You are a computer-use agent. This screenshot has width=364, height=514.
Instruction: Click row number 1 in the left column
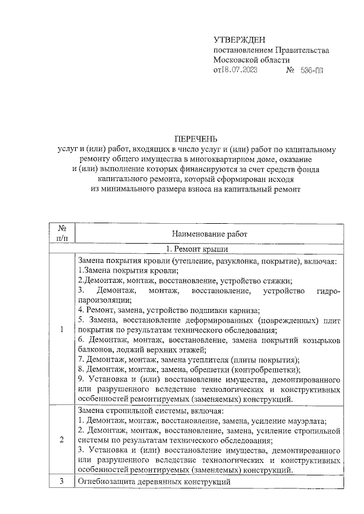click(61, 331)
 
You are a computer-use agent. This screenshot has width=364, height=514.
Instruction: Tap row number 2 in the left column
click(61, 440)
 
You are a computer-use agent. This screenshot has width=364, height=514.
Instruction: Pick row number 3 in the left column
click(61, 482)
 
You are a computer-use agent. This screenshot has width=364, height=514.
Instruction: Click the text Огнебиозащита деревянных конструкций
click(154, 482)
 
